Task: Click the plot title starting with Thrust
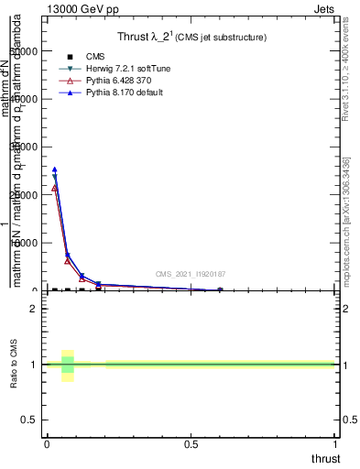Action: tap(191, 38)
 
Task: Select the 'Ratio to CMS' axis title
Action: tap(14, 365)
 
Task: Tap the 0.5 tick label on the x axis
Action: tap(191, 444)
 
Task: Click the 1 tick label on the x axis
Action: tap(334, 444)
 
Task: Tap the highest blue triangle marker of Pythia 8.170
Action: tap(54, 169)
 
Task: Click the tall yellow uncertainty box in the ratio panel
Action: tap(67, 365)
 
